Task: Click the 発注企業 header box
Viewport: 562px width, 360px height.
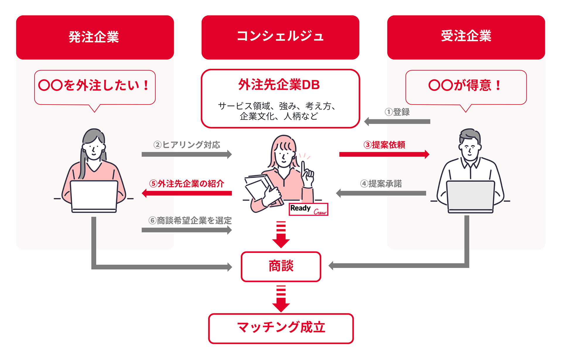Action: [x=95, y=37]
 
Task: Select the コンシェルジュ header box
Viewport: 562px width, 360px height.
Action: [x=280, y=37]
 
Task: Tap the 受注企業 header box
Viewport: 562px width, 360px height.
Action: [x=466, y=37]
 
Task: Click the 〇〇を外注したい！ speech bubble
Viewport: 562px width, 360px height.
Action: [x=95, y=87]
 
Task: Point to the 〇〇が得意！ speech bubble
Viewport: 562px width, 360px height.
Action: [x=466, y=87]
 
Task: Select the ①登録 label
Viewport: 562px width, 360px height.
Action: [x=397, y=112]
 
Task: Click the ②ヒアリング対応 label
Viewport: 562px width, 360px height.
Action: [x=187, y=145]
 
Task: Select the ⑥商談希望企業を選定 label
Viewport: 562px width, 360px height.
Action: [x=190, y=221]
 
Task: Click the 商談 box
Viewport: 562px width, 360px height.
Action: [x=281, y=267]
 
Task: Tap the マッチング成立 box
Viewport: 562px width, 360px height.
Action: [x=281, y=328]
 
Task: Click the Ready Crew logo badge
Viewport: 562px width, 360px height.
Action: [x=308, y=209]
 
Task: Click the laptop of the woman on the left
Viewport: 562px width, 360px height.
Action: [x=94, y=195]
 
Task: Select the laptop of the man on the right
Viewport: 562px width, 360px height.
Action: [x=470, y=196]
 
